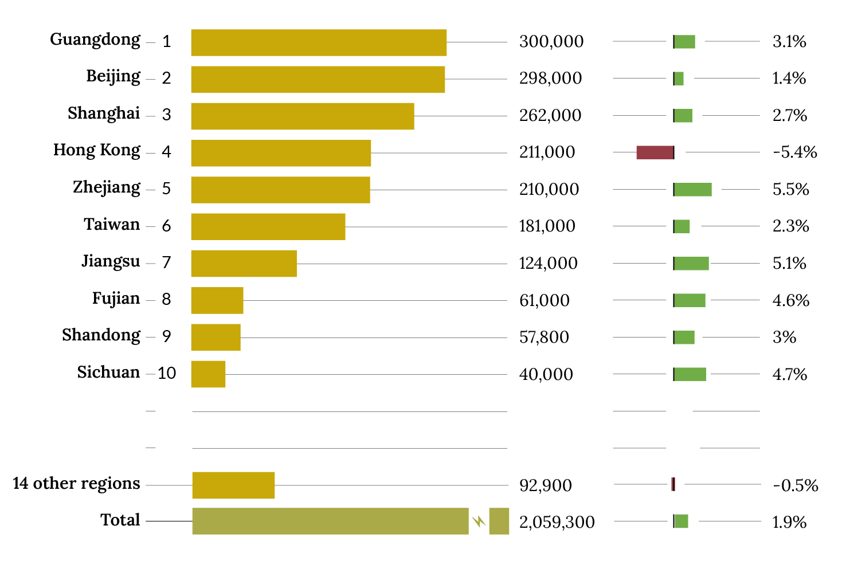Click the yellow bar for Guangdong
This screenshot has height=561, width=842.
tap(319, 42)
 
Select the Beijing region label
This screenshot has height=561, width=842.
tap(113, 77)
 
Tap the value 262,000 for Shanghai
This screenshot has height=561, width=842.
tap(550, 115)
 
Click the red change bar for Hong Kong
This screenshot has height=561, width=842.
tap(655, 152)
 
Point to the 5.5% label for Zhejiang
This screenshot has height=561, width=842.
tap(790, 190)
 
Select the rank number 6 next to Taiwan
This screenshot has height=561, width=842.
tap(166, 226)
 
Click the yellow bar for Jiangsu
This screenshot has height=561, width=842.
tap(244, 264)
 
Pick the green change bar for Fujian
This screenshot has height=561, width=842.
tap(690, 300)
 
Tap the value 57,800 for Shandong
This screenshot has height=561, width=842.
tap(544, 337)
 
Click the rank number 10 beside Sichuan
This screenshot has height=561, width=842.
tap(167, 374)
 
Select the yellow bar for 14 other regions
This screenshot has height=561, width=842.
tap(233, 485)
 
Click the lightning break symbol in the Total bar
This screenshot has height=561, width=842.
tap(479, 521)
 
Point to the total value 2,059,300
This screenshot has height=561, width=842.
tap(557, 522)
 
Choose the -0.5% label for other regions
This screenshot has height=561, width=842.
tap(795, 485)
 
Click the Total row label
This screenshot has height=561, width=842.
tap(120, 520)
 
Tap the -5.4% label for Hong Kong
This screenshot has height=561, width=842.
tap(794, 152)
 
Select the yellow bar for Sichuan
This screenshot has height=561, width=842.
tap(208, 374)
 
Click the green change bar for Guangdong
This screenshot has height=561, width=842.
tap(684, 42)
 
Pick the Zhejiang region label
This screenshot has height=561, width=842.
tap(107, 188)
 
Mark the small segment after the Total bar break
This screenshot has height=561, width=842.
tap(499, 521)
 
